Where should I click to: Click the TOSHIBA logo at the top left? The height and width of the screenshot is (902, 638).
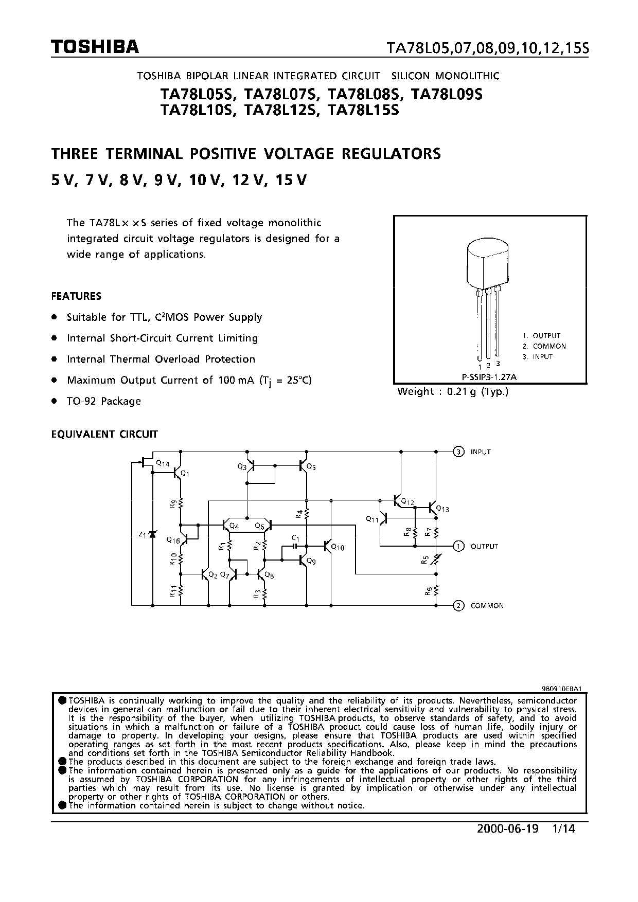point(95,47)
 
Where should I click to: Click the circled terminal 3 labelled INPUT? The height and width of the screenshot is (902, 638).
point(458,452)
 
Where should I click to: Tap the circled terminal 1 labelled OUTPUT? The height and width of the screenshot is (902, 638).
point(458,546)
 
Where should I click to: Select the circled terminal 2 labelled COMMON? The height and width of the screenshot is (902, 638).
point(458,605)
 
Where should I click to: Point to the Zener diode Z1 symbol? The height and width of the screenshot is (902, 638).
point(152,535)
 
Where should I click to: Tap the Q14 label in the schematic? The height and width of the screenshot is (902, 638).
point(163,463)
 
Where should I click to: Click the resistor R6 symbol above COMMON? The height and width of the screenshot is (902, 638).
point(436,591)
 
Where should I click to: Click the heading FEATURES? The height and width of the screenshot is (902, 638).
point(76,296)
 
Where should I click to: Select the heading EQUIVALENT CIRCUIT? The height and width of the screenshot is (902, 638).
point(104,434)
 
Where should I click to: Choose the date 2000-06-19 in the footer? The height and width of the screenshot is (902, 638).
point(507,829)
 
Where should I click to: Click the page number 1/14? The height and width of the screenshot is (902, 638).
point(562,829)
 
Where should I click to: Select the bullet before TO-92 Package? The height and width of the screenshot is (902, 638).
point(54,401)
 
